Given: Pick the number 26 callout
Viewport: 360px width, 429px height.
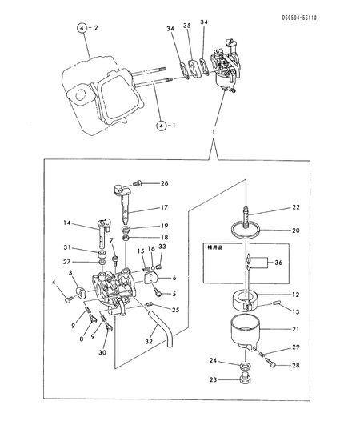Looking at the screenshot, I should [x=165, y=183].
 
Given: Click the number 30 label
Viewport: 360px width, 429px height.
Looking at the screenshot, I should [x=102, y=353].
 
